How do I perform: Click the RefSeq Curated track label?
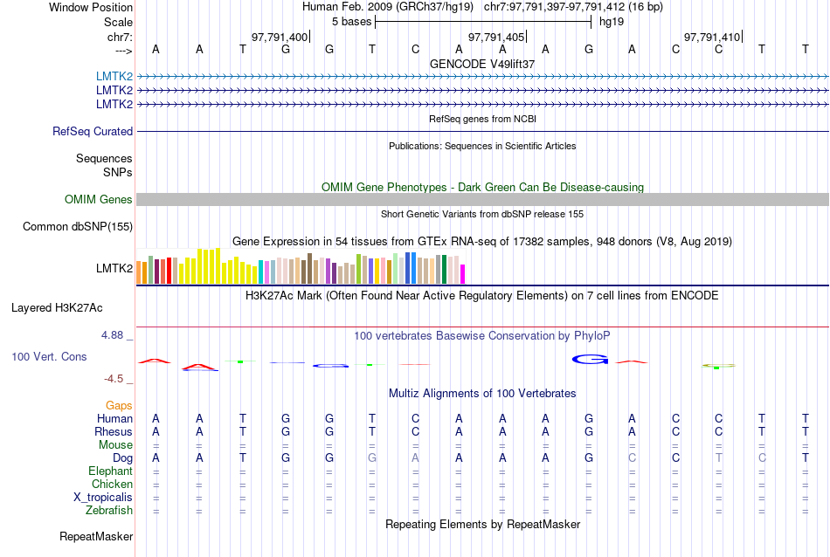[x=93, y=132]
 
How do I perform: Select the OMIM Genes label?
[x=99, y=200]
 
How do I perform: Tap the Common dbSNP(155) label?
[x=78, y=227]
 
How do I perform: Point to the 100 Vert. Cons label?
[x=50, y=357]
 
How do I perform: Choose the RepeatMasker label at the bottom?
[x=96, y=536]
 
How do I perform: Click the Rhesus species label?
[x=114, y=431]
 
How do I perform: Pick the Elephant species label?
[x=110, y=471]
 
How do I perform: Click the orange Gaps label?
[x=119, y=406]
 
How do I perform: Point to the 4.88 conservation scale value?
[x=115, y=334]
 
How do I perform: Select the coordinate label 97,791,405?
[x=496, y=37]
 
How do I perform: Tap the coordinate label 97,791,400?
[x=280, y=37]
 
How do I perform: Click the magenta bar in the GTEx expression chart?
[x=463, y=273]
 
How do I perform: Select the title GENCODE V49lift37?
[x=482, y=64]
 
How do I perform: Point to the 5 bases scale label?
[x=351, y=21]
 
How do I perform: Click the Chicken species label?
[x=113, y=485]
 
